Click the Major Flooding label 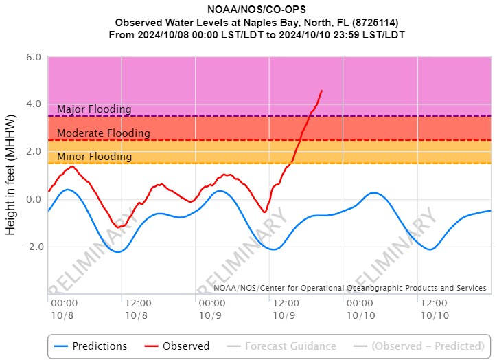click(x=94, y=109)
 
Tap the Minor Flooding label click(x=94, y=157)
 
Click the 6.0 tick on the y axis click(x=34, y=57)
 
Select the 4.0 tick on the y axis click(x=34, y=104)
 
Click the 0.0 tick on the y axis click(x=34, y=199)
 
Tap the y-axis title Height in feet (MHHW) click(x=12, y=175)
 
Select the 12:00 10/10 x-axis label click(x=433, y=308)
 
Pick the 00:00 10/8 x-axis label click(x=63, y=308)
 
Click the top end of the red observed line click(x=321, y=91)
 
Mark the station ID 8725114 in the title click(x=376, y=22)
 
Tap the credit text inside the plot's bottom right click(x=350, y=288)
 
